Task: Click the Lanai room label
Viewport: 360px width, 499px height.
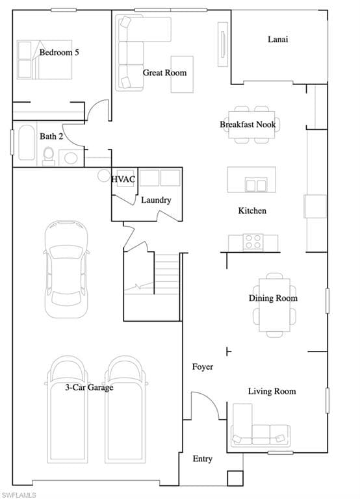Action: [x=278, y=39]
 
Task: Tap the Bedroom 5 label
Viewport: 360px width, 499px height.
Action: [x=59, y=52]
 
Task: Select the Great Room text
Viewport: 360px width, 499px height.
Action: [x=164, y=73]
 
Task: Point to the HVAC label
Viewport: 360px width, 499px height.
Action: [x=123, y=179]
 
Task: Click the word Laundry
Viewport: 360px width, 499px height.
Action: [x=156, y=200]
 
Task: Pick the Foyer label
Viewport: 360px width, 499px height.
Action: [x=203, y=367]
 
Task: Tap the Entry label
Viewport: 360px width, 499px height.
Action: [x=203, y=459]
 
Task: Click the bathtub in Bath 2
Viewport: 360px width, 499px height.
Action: [x=27, y=142]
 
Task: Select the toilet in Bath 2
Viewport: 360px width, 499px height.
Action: [x=48, y=156]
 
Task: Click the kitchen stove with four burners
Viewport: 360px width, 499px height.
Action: [x=253, y=242]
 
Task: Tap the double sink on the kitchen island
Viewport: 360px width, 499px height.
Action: [x=255, y=185]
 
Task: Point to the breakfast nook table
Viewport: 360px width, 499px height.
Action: [x=251, y=125]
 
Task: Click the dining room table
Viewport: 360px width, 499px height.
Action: [x=274, y=305]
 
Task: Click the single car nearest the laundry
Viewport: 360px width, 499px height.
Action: [x=66, y=269]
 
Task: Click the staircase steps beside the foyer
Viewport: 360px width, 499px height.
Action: [x=166, y=274]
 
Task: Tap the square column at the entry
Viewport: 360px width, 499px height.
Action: [x=235, y=478]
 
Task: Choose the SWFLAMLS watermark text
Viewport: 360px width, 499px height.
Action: [x=18, y=495]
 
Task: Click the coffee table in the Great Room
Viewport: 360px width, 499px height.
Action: [x=182, y=75]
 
